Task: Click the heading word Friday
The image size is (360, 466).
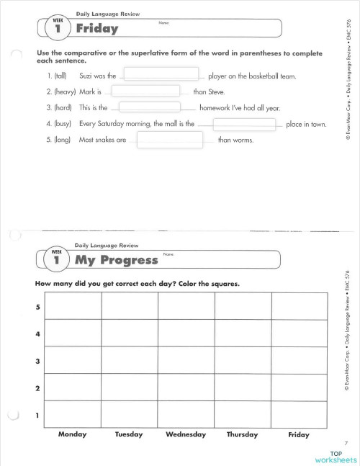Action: click(97, 30)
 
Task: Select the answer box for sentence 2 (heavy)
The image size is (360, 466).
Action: click(145, 91)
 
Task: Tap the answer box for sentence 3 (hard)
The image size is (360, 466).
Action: click(150, 107)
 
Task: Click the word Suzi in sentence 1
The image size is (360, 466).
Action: click(87, 76)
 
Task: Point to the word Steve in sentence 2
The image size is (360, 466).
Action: click(216, 92)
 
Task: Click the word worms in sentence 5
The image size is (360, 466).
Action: click(242, 140)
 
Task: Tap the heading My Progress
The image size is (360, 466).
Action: click(116, 260)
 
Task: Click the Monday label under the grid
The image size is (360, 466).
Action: click(72, 434)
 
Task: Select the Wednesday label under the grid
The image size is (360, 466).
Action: click(186, 434)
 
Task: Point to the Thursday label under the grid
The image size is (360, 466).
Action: click(242, 434)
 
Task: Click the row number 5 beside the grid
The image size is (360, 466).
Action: click(38, 308)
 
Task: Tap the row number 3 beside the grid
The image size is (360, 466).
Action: click(38, 361)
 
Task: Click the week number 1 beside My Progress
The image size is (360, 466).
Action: click(56, 260)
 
